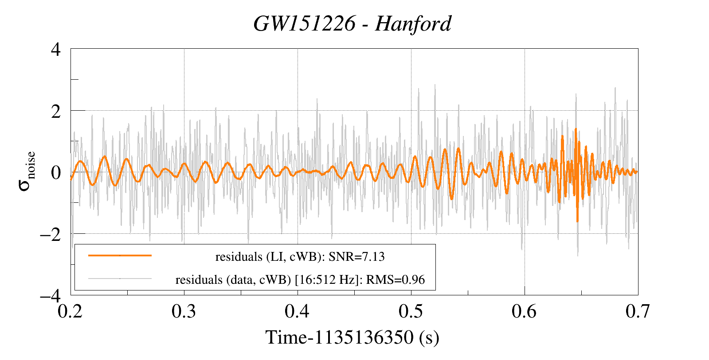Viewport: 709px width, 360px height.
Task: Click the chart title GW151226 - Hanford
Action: tap(353, 24)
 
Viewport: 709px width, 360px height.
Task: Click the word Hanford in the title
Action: tap(413, 24)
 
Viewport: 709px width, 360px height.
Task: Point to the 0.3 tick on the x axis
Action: tap(184, 312)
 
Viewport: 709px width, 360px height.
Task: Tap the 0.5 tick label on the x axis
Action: tap(411, 312)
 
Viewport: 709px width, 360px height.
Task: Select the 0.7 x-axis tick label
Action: tap(638, 312)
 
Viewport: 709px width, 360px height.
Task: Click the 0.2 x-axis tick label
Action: tap(71, 312)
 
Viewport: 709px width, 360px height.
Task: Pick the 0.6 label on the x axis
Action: tap(525, 312)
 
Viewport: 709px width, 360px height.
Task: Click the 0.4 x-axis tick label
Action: tap(298, 312)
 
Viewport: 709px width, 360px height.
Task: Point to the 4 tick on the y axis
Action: tap(56, 49)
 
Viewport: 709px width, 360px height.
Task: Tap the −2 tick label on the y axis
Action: tap(50, 234)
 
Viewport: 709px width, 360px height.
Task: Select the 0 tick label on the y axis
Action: tap(56, 172)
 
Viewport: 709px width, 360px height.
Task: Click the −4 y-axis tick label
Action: tap(50, 295)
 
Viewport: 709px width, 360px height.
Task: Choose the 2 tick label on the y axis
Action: tap(56, 111)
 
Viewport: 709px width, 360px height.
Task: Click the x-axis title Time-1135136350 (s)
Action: tap(353, 337)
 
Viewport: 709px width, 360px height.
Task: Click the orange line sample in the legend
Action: tap(120, 255)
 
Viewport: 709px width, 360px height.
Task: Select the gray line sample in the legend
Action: tap(120, 279)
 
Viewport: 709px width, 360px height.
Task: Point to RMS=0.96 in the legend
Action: tap(396, 280)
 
